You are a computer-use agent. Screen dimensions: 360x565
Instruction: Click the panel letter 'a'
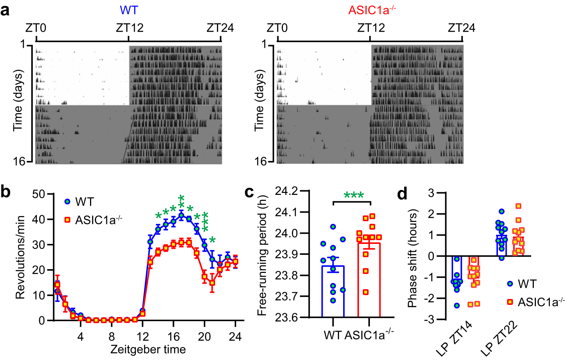(x=5, y=11)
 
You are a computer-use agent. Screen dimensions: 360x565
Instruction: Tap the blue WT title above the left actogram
(x=129, y=10)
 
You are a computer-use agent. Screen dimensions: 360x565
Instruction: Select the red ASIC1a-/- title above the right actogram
(x=372, y=10)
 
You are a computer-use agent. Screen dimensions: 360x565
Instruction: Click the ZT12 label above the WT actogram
(x=129, y=28)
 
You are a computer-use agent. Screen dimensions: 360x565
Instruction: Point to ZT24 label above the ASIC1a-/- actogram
(x=461, y=28)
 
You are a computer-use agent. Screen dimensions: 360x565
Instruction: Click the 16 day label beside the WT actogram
(x=19, y=162)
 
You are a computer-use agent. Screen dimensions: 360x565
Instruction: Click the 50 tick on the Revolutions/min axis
(x=38, y=195)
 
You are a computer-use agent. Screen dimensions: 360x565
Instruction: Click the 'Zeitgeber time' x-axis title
(x=148, y=349)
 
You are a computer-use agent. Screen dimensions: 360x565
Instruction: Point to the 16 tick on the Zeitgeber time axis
(x=173, y=336)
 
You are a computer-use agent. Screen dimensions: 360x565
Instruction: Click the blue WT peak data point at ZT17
(x=181, y=216)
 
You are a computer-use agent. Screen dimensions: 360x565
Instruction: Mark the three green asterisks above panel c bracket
(x=354, y=196)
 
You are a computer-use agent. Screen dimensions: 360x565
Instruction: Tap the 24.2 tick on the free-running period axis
(x=286, y=191)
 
